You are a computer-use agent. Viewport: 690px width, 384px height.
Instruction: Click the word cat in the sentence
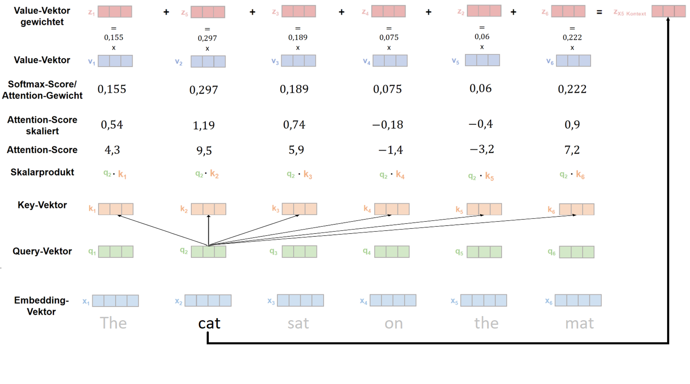209,323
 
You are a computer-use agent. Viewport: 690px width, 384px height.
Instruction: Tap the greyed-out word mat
579,323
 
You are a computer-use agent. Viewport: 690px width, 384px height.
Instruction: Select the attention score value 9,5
204,150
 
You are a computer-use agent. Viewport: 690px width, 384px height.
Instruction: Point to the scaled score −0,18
387,125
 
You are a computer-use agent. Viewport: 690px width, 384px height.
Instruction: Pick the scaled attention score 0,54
112,125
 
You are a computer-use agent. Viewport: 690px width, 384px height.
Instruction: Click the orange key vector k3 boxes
299,209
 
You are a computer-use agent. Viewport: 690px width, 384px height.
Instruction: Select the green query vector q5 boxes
484,252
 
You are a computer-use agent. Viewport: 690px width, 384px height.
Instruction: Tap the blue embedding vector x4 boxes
393,300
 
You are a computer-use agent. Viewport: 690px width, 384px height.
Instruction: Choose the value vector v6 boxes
573,61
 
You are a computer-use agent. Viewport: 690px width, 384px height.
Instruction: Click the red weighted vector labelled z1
115,12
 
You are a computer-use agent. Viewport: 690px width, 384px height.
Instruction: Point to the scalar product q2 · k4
392,175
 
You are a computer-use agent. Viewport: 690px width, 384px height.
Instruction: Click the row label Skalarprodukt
42,172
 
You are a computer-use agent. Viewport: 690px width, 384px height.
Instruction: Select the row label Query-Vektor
42,251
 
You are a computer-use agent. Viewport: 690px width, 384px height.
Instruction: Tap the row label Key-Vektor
42,205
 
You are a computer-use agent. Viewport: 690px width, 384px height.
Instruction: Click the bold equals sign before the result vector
599,12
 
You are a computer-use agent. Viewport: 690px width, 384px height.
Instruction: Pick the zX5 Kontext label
630,13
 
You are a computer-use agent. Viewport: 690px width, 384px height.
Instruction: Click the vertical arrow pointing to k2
208,230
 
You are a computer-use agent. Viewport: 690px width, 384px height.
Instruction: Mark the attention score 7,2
572,150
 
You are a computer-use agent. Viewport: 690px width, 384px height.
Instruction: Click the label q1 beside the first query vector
92,252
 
